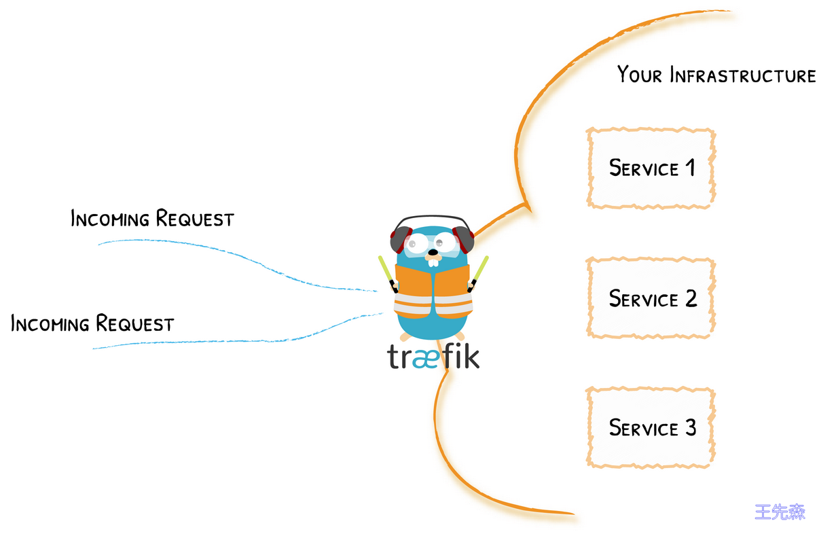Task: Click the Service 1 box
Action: [651, 168]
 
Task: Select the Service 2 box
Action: [651, 298]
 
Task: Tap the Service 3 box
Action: [651, 427]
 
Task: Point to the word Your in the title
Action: [640, 74]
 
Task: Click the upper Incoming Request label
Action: [152, 218]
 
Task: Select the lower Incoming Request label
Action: [92, 323]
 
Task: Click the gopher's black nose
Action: [433, 252]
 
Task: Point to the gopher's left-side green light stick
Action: [388, 274]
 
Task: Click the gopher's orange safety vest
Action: [433, 291]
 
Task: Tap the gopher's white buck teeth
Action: [433, 262]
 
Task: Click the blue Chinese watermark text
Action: [780, 512]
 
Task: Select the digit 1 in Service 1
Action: [690, 168]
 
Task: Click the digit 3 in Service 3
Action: [691, 427]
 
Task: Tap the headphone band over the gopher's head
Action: [433, 217]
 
